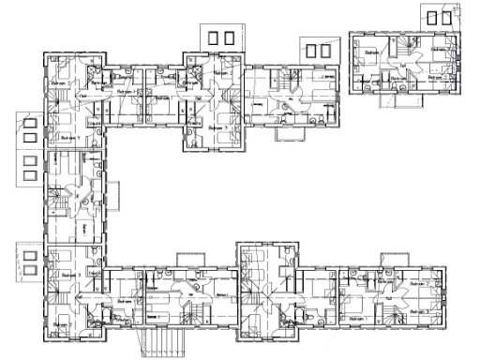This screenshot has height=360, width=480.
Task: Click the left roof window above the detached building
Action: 431,17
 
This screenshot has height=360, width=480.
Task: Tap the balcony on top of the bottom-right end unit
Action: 394,261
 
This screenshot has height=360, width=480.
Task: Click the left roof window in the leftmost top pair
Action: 215,37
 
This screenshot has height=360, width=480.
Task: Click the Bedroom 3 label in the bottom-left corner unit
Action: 61,325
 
